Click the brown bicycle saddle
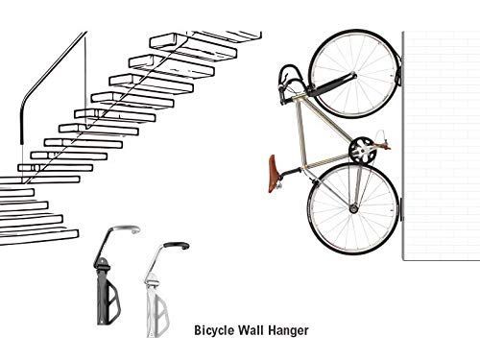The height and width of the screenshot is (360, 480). [281, 165]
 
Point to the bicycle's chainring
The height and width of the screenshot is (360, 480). [362, 150]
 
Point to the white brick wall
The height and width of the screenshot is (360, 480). [441, 144]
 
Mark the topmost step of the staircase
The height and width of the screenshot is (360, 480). [230, 36]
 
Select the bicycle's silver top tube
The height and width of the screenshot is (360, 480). [326, 120]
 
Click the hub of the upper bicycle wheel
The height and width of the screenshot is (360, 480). [353, 74]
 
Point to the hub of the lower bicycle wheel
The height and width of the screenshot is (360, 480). [352, 207]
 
